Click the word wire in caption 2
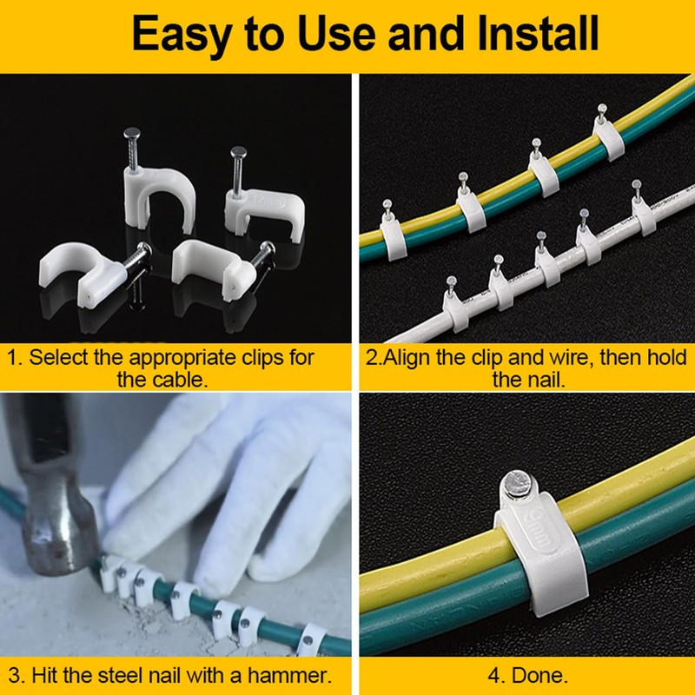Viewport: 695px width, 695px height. coord(558,358)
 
